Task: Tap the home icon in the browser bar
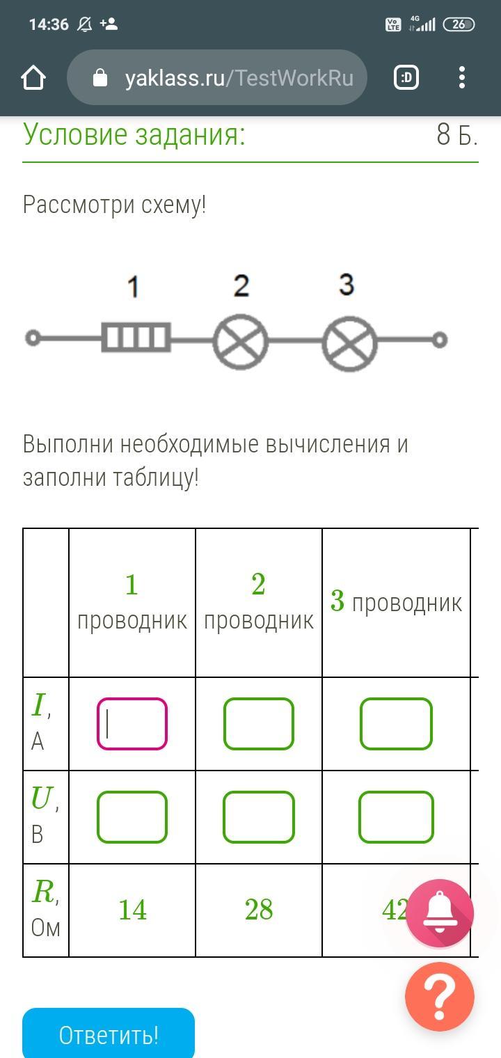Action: coord(33,78)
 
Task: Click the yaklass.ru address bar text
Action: coord(239,78)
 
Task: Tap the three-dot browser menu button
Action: coord(461,78)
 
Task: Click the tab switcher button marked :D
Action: coord(406,78)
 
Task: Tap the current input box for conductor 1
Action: coord(132,724)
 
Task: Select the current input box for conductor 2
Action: coord(259,724)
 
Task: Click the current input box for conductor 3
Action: coord(396,724)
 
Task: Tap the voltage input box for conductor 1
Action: coord(132,816)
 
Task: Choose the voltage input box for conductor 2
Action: coord(259,816)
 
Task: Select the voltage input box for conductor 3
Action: coord(396,816)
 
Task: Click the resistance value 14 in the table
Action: coord(132,910)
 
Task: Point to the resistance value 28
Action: coord(259,910)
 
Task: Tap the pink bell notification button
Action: coord(440,913)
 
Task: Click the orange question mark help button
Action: coord(440,997)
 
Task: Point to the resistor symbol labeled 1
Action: coord(136,338)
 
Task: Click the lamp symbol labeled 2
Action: coord(241,341)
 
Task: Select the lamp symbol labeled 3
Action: coord(349,341)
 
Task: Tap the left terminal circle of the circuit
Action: coord(32,338)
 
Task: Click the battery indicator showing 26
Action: coord(459,24)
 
